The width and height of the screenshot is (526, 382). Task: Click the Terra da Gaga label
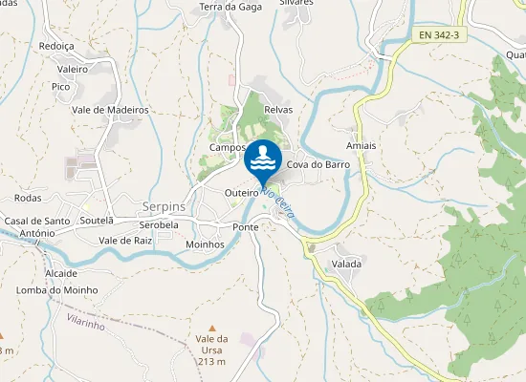(x=230, y=8)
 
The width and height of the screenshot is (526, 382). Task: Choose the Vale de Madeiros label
(x=111, y=110)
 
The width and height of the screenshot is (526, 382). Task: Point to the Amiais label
(x=361, y=146)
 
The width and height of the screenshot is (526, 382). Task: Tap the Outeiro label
(x=241, y=193)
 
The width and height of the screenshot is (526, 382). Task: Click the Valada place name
(x=346, y=264)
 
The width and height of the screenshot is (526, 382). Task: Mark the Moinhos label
(x=205, y=244)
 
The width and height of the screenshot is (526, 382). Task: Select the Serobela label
(x=159, y=224)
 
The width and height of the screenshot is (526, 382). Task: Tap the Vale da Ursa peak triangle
(x=212, y=328)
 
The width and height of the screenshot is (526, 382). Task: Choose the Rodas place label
(x=29, y=198)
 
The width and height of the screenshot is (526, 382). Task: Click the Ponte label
(x=246, y=227)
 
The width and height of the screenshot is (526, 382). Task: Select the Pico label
(x=61, y=87)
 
